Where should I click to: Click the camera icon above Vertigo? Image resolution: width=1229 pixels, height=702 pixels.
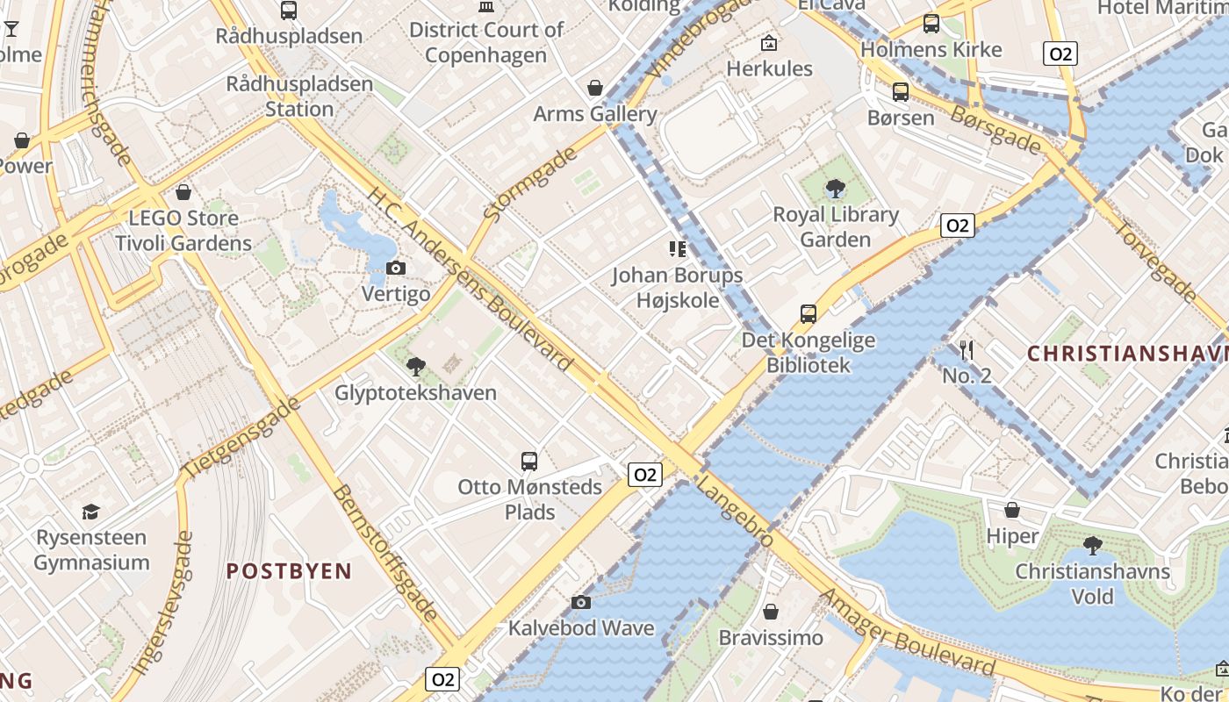tap(396, 269)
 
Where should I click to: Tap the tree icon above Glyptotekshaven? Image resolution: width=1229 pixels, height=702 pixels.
tap(416, 367)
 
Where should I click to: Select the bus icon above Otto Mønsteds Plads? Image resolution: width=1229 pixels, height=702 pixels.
tap(529, 461)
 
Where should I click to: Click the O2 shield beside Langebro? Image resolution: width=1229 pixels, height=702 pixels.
tap(644, 475)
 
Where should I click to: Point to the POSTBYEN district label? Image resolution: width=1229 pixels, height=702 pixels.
tap(289, 571)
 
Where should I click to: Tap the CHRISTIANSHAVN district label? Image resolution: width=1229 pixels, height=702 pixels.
tap(1127, 354)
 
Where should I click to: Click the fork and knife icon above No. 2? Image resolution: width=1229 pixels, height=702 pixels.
tap(967, 350)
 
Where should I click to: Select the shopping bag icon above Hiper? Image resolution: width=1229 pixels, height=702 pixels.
tap(1012, 510)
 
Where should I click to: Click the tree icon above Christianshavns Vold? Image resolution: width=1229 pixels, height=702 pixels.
tap(1093, 546)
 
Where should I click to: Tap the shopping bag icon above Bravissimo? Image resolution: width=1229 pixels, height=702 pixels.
tap(771, 612)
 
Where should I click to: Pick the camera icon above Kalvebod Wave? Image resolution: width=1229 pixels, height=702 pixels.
tap(581, 602)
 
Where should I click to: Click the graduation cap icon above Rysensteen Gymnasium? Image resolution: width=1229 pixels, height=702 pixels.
tap(91, 512)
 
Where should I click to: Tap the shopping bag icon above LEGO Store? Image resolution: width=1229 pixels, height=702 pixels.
tap(183, 192)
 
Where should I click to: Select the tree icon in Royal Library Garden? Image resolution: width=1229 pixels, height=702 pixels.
tap(836, 188)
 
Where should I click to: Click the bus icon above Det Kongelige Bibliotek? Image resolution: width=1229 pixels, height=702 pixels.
tap(809, 313)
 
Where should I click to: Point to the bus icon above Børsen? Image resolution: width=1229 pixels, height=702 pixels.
tap(901, 91)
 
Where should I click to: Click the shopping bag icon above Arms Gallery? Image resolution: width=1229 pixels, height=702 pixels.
tap(595, 88)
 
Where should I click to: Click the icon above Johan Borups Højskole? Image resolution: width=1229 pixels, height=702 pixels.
tap(677, 249)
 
